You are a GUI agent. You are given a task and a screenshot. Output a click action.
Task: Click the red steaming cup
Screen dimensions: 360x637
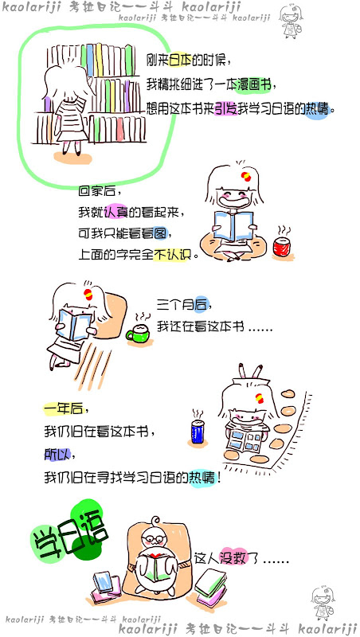pos(281,246)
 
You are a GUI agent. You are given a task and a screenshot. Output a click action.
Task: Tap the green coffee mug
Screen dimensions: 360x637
pos(138,334)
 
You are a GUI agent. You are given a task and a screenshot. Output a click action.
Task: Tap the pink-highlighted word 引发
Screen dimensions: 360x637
pos(225,109)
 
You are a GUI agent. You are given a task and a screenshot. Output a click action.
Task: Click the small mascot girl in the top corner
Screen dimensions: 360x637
pos(291,21)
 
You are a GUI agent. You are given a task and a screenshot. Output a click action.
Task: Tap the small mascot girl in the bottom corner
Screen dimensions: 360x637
pos(323,603)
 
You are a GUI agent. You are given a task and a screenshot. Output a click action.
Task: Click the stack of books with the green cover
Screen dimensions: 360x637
pos(210,587)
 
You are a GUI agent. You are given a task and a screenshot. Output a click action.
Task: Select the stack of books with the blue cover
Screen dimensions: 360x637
pos(106,587)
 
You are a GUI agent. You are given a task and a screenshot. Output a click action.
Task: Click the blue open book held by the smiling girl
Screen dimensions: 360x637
pos(233,226)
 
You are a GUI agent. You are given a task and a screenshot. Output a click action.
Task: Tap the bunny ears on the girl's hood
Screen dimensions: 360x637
pos(249,371)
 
